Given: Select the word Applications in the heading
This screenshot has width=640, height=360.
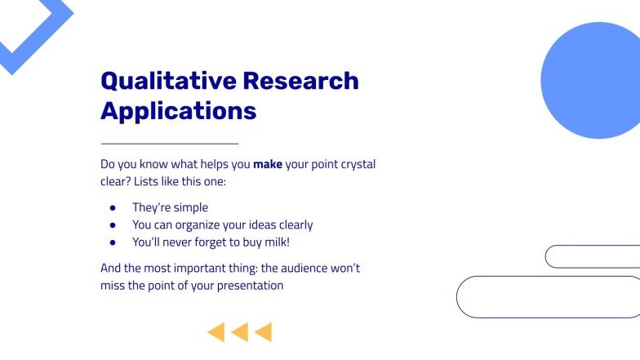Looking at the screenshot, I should point(178,110).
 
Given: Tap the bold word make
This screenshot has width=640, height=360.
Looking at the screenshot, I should point(268,164).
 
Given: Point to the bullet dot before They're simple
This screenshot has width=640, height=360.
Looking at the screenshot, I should point(113,208).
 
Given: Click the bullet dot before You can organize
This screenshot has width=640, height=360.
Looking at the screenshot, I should point(113,225).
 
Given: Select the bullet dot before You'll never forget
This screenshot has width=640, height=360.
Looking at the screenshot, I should point(113,242).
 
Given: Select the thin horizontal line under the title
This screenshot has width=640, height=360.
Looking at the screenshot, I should point(169,144).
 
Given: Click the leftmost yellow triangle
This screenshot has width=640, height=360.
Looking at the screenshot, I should point(216,332).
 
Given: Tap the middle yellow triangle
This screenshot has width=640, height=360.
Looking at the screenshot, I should point(240,332).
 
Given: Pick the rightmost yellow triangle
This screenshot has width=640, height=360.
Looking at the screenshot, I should point(264,332).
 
